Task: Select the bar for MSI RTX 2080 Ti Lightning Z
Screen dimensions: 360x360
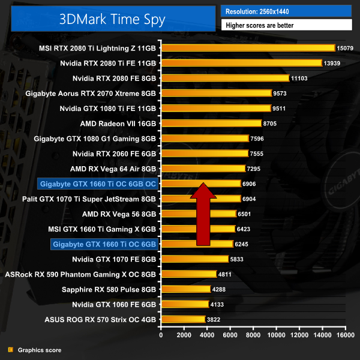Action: pyautogui.click(x=247, y=47)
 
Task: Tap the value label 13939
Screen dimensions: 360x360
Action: pyautogui.click(x=335, y=63)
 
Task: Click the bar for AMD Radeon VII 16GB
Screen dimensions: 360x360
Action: pyautogui.click(x=211, y=124)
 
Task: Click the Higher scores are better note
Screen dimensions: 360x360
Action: pyautogui.click(x=286, y=25)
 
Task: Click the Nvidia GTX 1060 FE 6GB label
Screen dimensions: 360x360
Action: pyautogui.click(x=114, y=304)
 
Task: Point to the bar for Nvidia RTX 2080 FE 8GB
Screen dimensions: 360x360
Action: pyautogui.click(x=224, y=78)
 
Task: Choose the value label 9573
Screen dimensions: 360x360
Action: pyautogui.click(x=284, y=93)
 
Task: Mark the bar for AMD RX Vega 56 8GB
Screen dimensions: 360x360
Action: pyautogui.click(x=198, y=214)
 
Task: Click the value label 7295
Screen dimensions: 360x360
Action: pyautogui.click(x=257, y=169)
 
